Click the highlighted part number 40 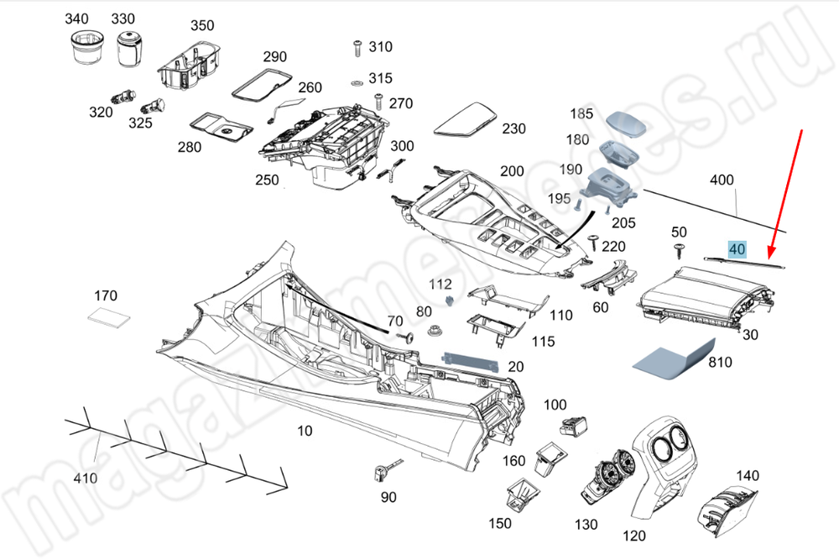tap(737, 249)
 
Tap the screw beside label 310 tap(357, 47)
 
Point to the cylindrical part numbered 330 tap(128, 49)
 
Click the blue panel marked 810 tap(674, 360)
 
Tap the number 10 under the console tap(305, 431)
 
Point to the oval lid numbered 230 tap(465, 120)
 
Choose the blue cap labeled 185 tap(626, 124)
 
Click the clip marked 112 tap(450, 300)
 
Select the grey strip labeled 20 tap(471, 362)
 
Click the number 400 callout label tap(722, 180)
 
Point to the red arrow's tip tap(769, 259)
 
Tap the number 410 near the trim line tap(85, 478)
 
